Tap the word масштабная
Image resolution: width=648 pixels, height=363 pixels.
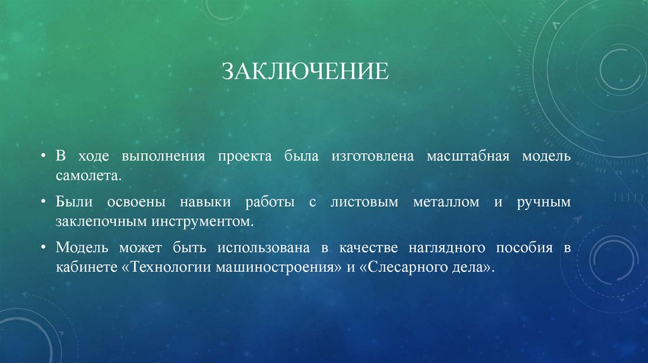(468, 156)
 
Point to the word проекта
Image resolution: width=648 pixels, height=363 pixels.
(245, 156)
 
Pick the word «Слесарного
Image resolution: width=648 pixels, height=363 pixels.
(402, 267)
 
